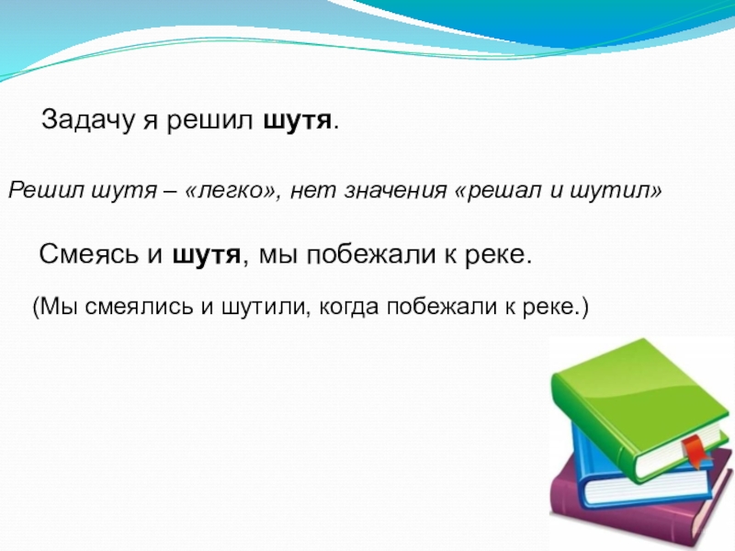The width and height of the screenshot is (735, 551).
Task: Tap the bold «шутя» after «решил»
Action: coord(296,121)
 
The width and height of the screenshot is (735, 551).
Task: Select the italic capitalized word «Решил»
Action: coord(34,191)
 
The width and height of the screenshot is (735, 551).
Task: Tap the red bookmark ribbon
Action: coord(695,450)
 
